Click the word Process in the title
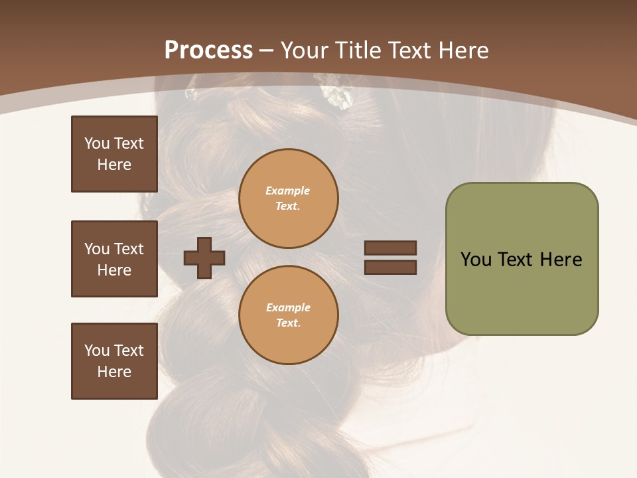[208, 50]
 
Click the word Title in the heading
[358, 50]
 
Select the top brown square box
[114, 154]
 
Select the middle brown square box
[114, 259]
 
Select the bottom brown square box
[114, 361]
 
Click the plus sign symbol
[204, 258]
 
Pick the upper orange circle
[289, 199]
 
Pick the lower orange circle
[289, 315]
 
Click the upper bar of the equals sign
[390, 248]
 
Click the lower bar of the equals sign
[390, 268]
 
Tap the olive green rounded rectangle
[522, 292]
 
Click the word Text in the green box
[516, 260]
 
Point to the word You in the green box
[476, 260]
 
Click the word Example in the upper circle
[288, 191]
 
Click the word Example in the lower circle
[288, 307]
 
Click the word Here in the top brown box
[114, 165]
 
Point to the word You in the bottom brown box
[97, 351]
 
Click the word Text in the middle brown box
[129, 249]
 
